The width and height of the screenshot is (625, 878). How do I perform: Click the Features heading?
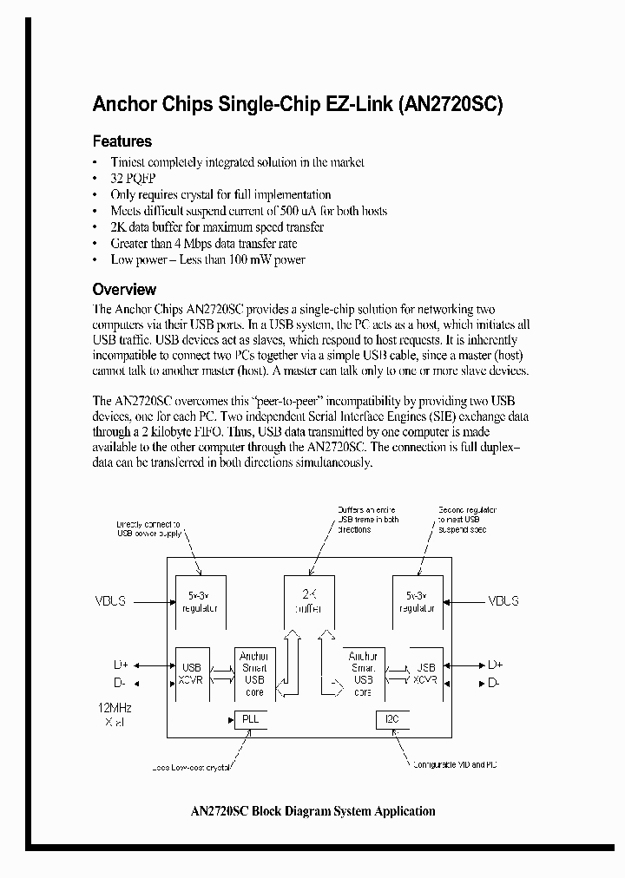pyautogui.click(x=122, y=141)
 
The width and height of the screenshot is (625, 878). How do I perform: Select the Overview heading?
pyautogui.click(x=124, y=290)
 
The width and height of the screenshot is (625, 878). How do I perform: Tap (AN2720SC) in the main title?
pyautogui.click(x=451, y=105)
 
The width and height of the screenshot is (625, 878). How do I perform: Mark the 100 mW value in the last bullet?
pyautogui.click(x=249, y=259)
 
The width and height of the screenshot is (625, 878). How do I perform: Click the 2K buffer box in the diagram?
pyautogui.click(x=309, y=601)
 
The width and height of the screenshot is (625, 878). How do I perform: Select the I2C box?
pyautogui.click(x=385, y=719)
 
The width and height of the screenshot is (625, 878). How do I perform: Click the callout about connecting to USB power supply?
pyautogui.click(x=149, y=529)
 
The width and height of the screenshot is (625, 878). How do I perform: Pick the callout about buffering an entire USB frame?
pyautogui.click(x=366, y=519)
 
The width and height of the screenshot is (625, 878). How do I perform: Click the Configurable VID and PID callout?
pyautogui.click(x=454, y=764)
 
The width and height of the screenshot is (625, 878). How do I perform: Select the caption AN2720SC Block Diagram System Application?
pyautogui.click(x=312, y=811)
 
